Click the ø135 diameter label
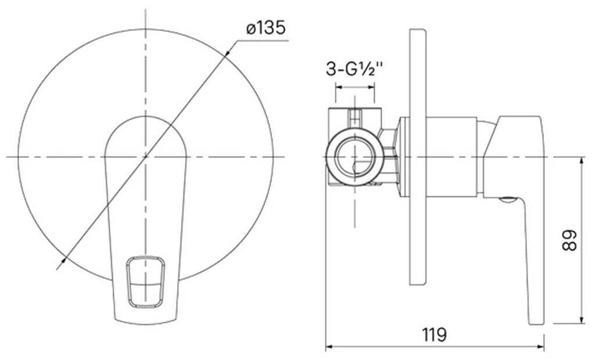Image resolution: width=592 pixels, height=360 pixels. pyautogui.click(x=266, y=28)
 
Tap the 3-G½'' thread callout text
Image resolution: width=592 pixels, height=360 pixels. pyautogui.click(x=355, y=69)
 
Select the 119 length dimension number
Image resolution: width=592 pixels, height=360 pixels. pyautogui.click(x=434, y=334)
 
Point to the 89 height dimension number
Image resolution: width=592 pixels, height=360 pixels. pyautogui.click(x=569, y=240)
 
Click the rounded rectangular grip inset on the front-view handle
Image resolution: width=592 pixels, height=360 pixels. pyautogui.click(x=145, y=282)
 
